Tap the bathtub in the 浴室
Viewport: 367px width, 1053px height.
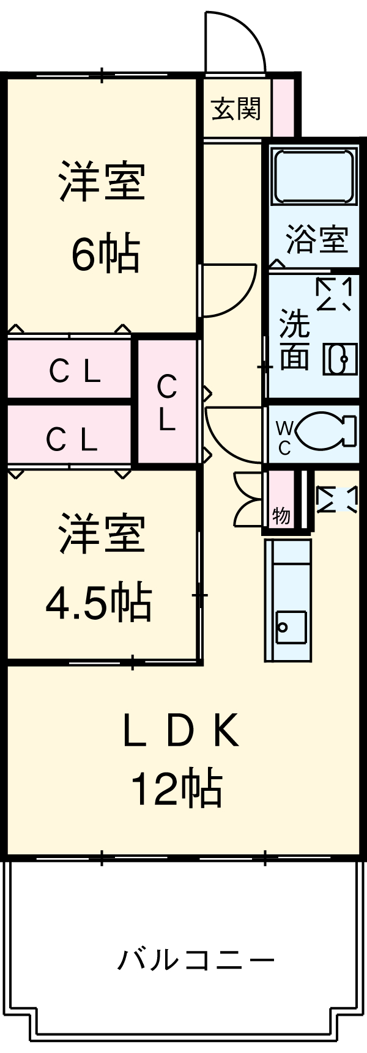pos(314,175)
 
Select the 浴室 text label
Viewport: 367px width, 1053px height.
pos(317,239)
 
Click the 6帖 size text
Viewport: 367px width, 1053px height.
pos(106,253)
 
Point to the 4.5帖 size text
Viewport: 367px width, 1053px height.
pos(98,602)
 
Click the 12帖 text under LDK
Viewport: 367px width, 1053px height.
pos(176,788)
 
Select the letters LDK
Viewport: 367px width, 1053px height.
pos(180,732)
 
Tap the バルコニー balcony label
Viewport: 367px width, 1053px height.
pos(196,960)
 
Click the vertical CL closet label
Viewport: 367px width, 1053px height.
pos(166,403)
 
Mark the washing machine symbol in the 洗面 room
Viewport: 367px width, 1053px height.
pos(334,295)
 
